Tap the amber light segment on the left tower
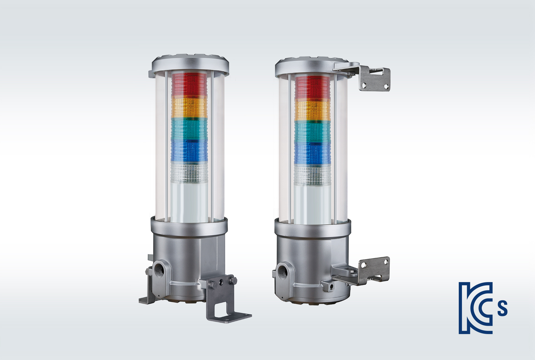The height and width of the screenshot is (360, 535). click(x=189, y=108)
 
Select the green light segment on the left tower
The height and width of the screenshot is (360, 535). click(x=189, y=130)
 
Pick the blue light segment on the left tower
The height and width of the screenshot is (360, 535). click(x=189, y=151)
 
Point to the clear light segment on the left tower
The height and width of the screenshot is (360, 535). click(x=189, y=173)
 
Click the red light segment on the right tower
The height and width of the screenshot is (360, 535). click(x=312, y=87)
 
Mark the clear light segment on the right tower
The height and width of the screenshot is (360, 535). click(x=312, y=175)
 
